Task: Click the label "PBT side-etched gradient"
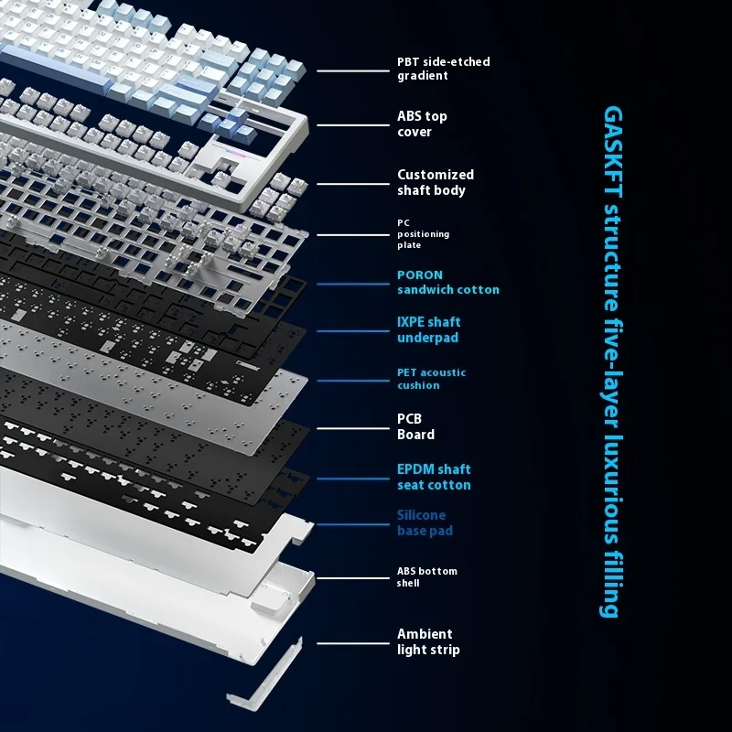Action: pyautogui.click(x=443, y=69)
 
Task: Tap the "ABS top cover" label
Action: pyautogui.click(x=422, y=124)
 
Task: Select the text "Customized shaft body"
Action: pyautogui.click(x=436, y=182)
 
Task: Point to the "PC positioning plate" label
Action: pyautogui.click(x=423, y=234)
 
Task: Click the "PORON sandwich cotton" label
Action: pyautogui.click(x=448, y=283)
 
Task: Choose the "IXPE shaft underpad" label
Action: pyautogui.click(x=428, y=329)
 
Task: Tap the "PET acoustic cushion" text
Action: pyautogui.click(x=431, y=379)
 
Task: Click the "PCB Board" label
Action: pyautogui.click(x=415, y=426)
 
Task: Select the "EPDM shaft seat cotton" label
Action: pyautogui.click(x=434, y=477)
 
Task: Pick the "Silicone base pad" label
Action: pyautogui.click(x=425, y=522)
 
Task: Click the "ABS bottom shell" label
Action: pyautogui.click(x=426, y=577)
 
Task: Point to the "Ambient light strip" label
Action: pyautogui.click(x=428, y=641)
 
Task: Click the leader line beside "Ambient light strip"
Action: pyautogui.click(x=353, y=643)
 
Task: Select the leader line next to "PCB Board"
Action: pyautogui.click(x=353, y=428)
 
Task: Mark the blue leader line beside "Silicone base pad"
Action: pyautogui.click(x=353, y=524)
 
